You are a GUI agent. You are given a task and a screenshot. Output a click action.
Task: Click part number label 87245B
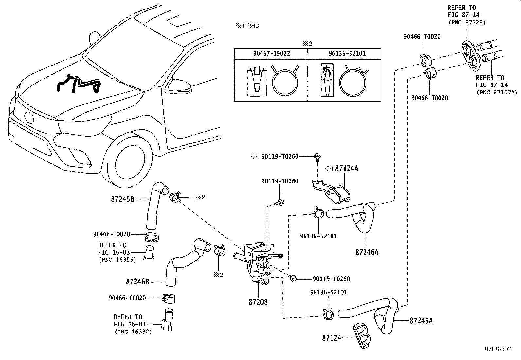pyautogui.click(x=122, y=199)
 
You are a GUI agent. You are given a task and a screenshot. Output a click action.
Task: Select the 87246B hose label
pyautogui.click(x=137, y=281)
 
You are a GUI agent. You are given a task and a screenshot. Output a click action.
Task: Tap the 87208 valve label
pyautogui.click(x=258, y=302)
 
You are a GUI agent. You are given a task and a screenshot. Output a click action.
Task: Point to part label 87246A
pyautogui.click(x=367, y=252)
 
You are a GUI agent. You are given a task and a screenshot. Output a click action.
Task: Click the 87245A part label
pyautogui.click(x=421, y=321)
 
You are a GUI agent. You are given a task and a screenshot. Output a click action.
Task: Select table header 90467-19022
pyautogui.click(x=271, y=53)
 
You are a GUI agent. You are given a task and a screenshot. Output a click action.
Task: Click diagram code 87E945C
pyautogui.click(x=498, y=350)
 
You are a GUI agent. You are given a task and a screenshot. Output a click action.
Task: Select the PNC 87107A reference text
pyautogui.click(x=496, y=92)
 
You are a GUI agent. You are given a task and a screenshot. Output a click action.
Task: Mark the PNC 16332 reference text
pyautogui.click(x=133, y=332)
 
